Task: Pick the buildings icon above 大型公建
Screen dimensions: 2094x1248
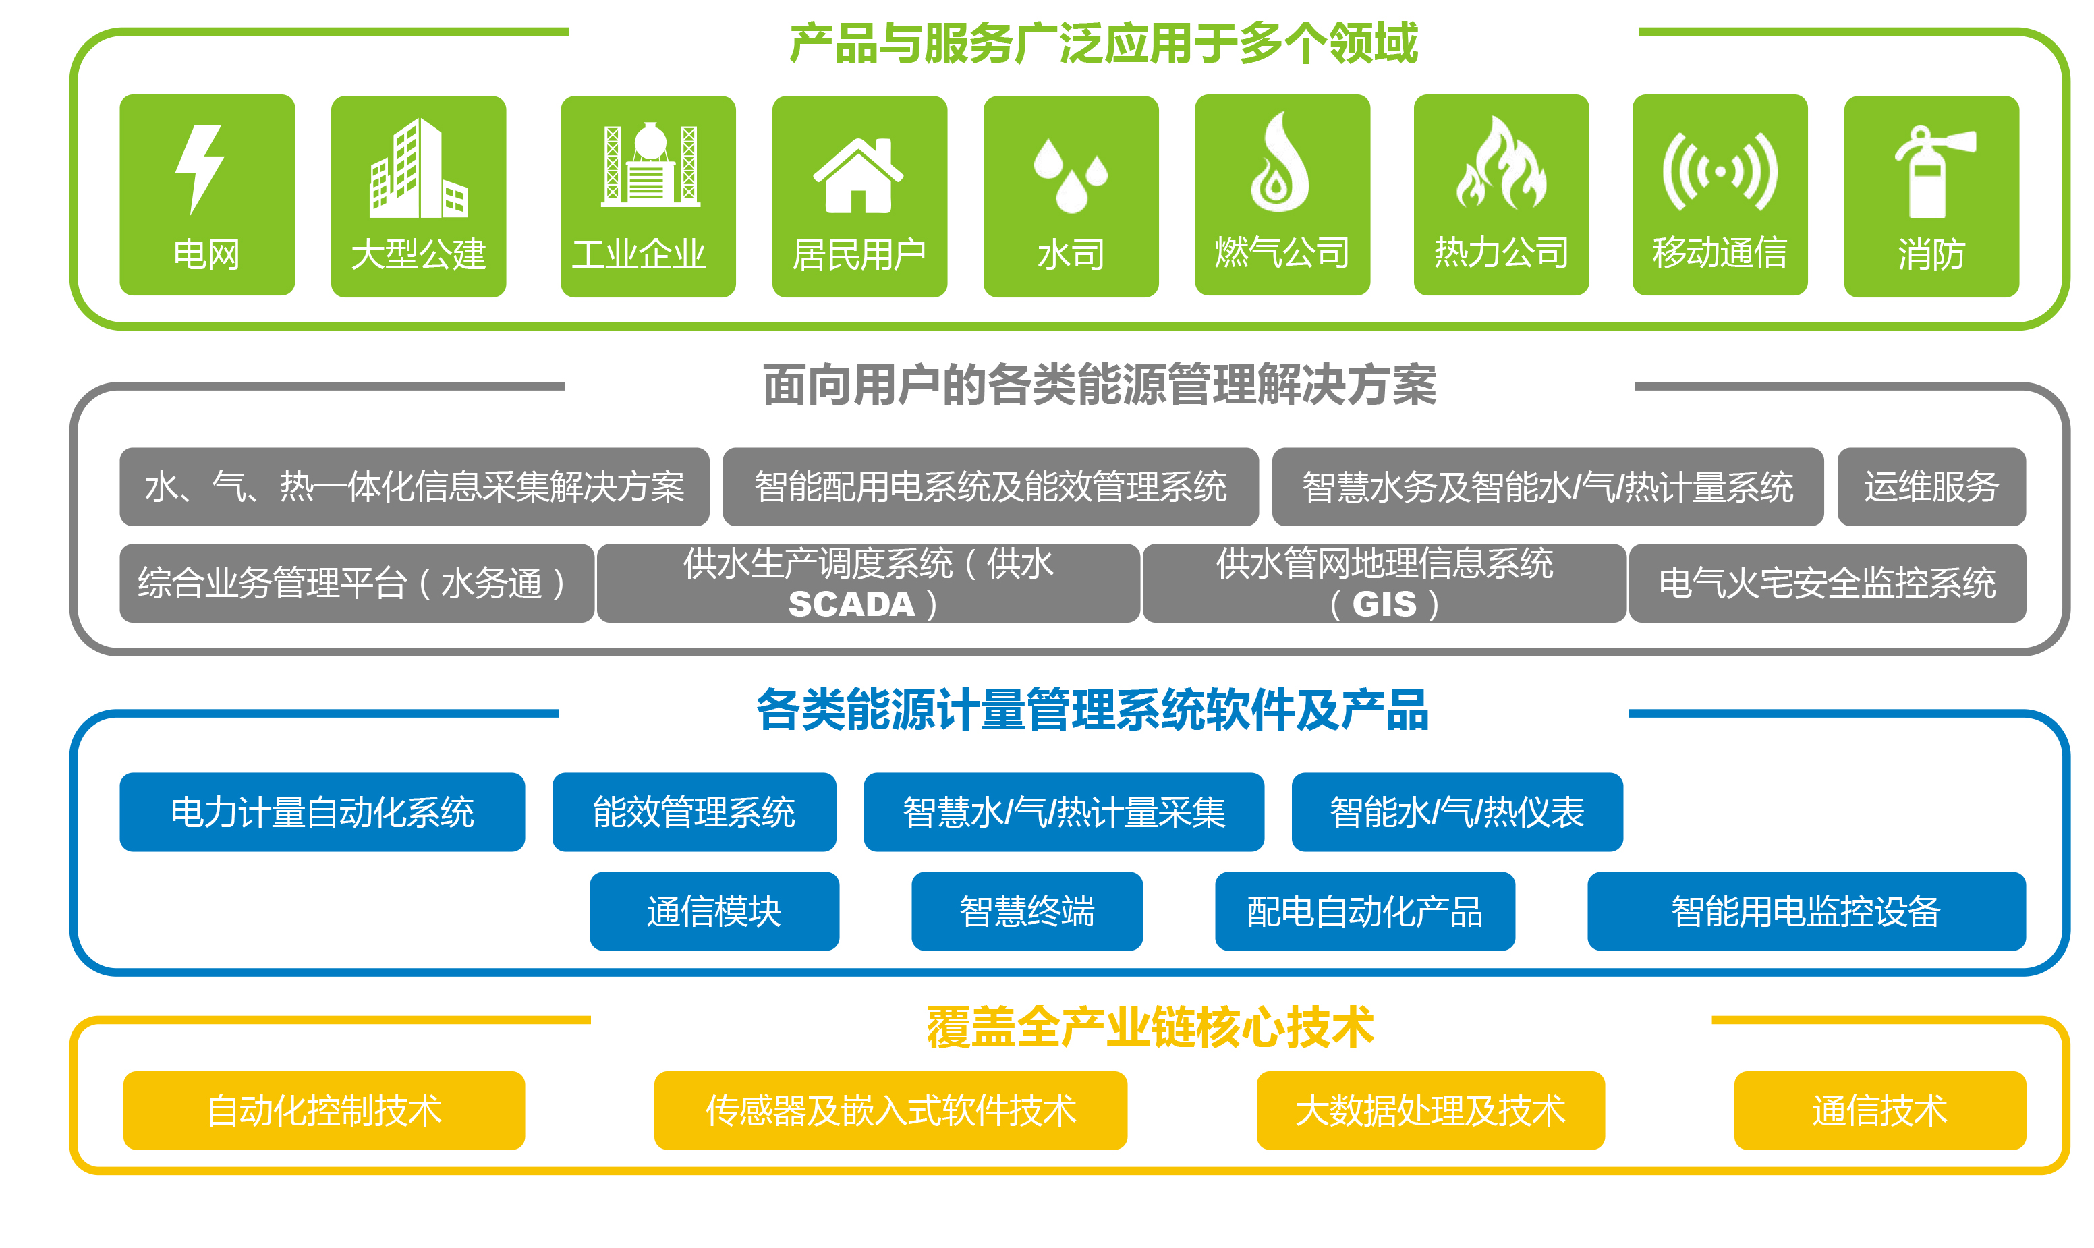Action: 418,167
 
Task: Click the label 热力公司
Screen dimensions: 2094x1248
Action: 1501,252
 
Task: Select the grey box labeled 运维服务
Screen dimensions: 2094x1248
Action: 1931,487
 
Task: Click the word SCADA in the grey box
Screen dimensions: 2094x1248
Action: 851,604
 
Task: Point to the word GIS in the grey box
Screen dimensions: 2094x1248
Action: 1384,604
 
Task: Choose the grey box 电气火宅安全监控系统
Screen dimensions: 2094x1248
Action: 1828,584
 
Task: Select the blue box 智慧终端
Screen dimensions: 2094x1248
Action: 1027,911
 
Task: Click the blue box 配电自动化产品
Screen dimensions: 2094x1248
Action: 1365,911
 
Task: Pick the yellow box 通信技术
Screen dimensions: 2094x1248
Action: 1880,1111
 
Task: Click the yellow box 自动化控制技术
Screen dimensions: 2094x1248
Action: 324,1111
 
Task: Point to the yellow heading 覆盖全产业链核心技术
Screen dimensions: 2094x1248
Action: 1150,1027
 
